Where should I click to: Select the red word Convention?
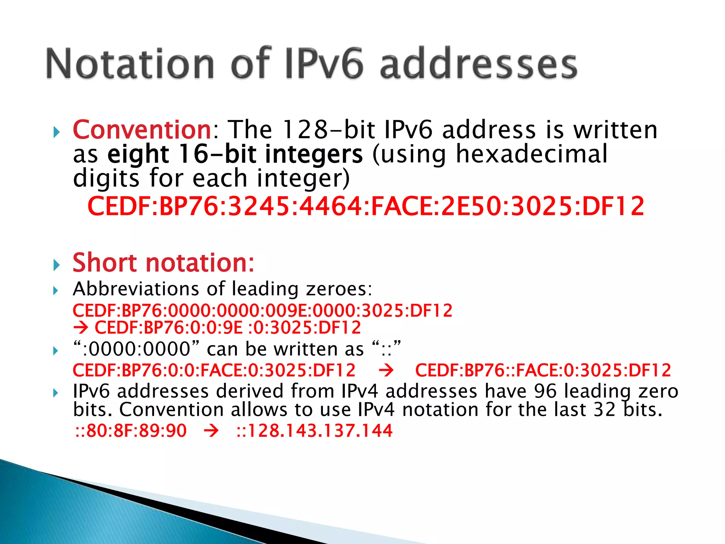pyautogui.click(x=142, y=130)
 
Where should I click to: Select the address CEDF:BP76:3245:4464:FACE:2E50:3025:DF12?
pyautogui.click(x=366, y=206)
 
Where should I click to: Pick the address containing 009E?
pyautogui.click(x=262, y=311)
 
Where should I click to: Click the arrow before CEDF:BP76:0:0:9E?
pyautogui.click(x=80, y=328)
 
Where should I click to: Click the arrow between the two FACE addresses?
pyautogui.click(x=386, y=370)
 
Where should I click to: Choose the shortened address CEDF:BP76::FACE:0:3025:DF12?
pyautogui.click(x=543, y=370)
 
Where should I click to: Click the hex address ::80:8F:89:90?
pyautogui.click(x=131, y=431)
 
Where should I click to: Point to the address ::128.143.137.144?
pyautogui.click(x=314, y=431)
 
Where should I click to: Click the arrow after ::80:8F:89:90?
pyautogui.click(x=211, y=431)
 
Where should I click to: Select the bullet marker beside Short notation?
pyautogui.click(x=56, y=265)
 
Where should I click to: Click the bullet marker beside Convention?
pyautogui.click(x=56, y=132)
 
